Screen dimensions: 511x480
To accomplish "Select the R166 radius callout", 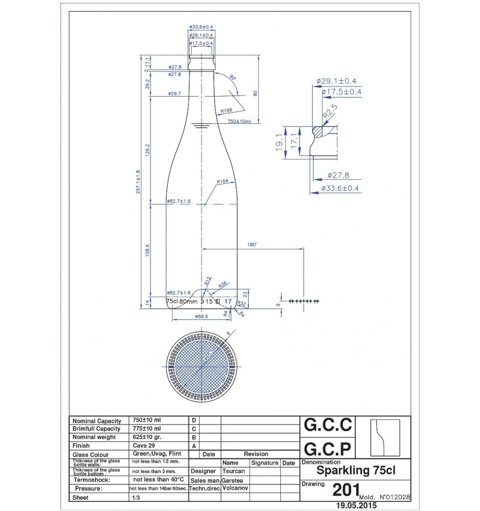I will coord(226,110).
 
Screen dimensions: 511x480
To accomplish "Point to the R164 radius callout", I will coord(222,181).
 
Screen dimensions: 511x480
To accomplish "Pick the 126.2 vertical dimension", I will coord(148,151).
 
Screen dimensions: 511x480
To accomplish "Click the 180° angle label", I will coord(252,245).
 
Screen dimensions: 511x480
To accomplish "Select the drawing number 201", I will coord(345,490).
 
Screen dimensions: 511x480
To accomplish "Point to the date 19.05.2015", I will coord(354,505).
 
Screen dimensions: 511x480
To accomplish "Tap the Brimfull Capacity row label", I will coord(97,428).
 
